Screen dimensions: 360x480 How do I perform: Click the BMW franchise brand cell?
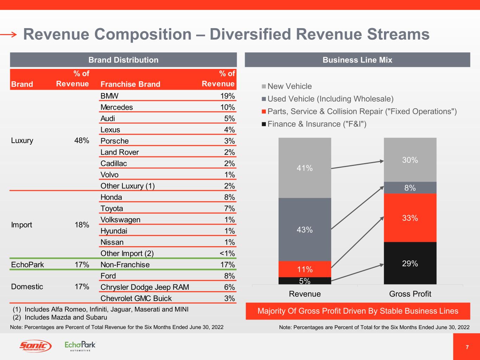coord(109,96)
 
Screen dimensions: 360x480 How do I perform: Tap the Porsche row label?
coord(115,141)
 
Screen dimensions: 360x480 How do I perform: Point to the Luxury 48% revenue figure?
coord(82,141)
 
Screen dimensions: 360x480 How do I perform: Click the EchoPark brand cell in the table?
coord(27,265)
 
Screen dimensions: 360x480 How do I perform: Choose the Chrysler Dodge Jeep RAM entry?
coord(145,287)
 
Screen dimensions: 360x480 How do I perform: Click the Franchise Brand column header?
coord(130,84)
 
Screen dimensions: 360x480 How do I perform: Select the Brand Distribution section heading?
coord(123,60)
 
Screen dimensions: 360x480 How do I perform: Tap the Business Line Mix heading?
coord(357,60)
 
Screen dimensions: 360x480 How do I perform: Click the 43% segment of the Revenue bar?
coord(305,229)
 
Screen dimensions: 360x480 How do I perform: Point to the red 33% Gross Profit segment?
coord(410,218)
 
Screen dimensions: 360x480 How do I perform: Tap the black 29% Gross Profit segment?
coord(410,263)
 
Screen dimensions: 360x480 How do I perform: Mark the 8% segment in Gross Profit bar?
coord(410,188)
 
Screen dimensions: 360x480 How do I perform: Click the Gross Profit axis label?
coord(410,294)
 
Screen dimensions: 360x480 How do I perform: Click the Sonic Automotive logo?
coord(35,346)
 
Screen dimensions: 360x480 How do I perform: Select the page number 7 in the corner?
coord(467,347)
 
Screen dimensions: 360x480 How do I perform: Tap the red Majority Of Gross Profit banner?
coord(358,311)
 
